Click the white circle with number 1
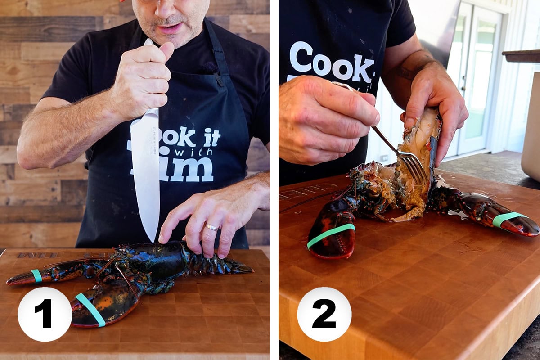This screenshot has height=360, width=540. pyautogui.click(x=45, y=314)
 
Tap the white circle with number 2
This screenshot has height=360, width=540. pyautogui.click(x=324, y=314)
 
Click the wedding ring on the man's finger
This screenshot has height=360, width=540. pyautogui.click(x=211, y=227)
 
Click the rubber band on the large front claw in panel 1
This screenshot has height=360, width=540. pyautogui.click(x=90, y=309)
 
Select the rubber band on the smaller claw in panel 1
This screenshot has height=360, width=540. pyautogui.click(x=36, y=275)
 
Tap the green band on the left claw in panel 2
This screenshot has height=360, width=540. pyautogui.click(x=331, y=235)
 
